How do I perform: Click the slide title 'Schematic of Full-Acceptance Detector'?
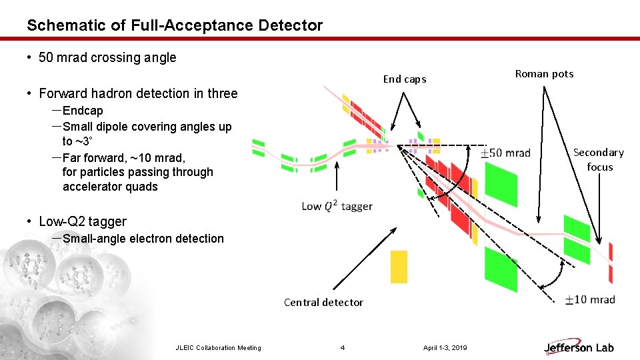coord(175,26)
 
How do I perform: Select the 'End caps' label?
coord(404,79)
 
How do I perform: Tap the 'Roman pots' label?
coord(544,74)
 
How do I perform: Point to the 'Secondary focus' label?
coord(599,159)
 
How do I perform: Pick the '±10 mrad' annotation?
coord(589,300)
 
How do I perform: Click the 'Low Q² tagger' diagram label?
coord(337,206)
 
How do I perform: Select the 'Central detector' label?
coord(323,303)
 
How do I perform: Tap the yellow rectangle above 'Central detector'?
coord(399,267)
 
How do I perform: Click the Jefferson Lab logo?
coord(579,347)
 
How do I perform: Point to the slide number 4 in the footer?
coord(343,347)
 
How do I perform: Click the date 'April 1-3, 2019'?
coord(445,347)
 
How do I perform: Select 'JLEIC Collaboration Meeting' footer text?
coord(218,347)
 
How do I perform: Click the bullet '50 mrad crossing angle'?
coord(107,57)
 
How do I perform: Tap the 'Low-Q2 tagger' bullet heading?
coord(83,221)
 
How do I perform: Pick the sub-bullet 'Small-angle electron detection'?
coord(143,239)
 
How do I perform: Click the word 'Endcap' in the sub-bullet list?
coord(83,111)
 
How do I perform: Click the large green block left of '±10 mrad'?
coord(501,269)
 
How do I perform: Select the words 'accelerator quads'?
coord(110,187)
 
